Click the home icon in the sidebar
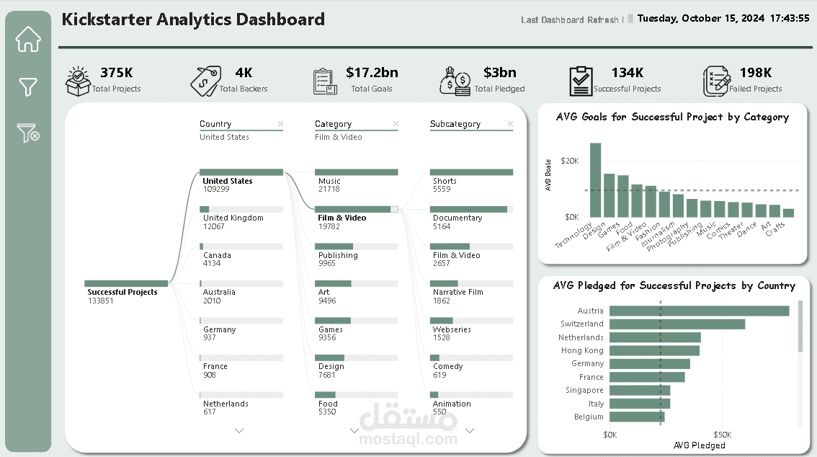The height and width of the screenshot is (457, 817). coord(28,39)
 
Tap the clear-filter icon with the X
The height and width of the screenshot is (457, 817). coord(28,133)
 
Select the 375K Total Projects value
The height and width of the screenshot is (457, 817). coord(116,72)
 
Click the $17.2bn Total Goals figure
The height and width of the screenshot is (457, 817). coord(372,72)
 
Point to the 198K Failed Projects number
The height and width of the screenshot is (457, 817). coord(756,72)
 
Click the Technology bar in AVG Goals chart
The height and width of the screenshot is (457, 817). coord(595,180)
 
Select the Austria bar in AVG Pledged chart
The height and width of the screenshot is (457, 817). coord(700,311)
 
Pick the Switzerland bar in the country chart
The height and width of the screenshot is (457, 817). coord(677,324)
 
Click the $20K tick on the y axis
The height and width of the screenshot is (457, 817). coord(569,161)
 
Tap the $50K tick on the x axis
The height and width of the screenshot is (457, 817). coord(722,435)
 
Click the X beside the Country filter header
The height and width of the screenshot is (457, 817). coord(280,123)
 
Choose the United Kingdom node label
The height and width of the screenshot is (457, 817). coord(233,218)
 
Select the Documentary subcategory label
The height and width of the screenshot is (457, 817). coord(457,218)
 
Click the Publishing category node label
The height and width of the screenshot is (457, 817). coord(338,255)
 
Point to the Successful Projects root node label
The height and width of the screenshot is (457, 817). coord(122,293)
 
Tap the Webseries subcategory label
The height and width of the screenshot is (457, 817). coord(452,329)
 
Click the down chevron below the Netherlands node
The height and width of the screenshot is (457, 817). coord(239,431)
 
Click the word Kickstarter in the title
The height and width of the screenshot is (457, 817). coord(107,19)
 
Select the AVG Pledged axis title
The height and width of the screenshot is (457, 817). coord(700,445)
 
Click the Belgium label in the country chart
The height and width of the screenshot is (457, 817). coord(589,417)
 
